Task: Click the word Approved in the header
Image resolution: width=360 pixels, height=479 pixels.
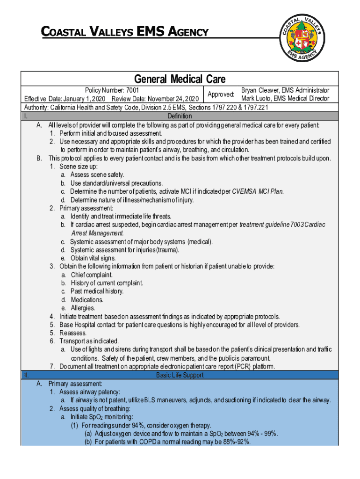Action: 221,94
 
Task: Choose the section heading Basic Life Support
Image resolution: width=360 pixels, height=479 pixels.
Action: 180,375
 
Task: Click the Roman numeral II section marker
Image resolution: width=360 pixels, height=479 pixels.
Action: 26,375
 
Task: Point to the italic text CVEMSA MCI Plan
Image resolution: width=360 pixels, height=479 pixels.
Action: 258,191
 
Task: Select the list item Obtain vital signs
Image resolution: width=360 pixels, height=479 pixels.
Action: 93,258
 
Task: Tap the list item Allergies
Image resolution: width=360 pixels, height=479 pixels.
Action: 83,308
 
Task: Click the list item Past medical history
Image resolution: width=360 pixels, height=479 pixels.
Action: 97,291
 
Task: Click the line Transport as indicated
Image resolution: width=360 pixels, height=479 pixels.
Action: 89,341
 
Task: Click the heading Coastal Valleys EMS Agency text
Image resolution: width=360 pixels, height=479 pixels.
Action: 124,32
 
